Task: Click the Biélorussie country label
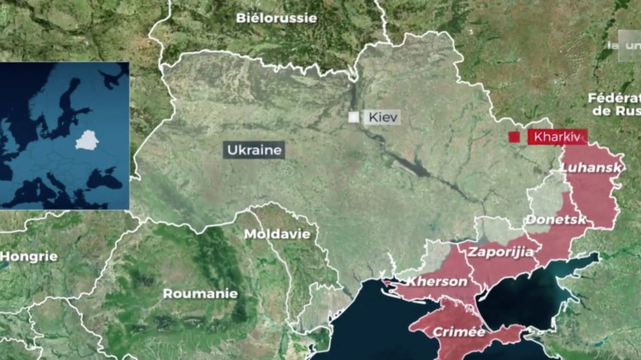(x=276, y=18)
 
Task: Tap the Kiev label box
(x=383, y=117)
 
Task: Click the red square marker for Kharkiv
(x=514, y=137)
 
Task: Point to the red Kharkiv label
(x=557, y=137)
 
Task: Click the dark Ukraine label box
(x=254, y=150)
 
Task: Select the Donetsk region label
(x=556, y=220)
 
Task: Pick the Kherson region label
(x=437, y=282)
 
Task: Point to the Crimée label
(x=459, y=332)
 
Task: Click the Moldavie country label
(x=277, y=234)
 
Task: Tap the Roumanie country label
(x=200, y=294)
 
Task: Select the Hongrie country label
(x=29, y=257)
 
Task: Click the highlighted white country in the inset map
(x=87, y=140)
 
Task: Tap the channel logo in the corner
(x=629, y=46)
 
